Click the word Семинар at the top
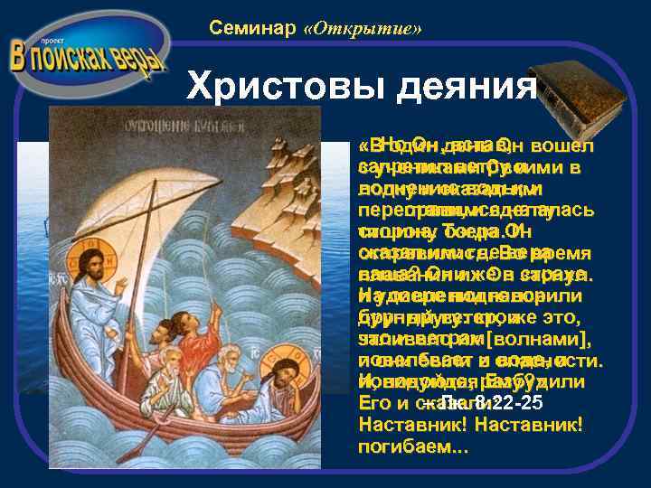[x=253, y=28]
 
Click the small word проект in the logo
[x=41, y=42]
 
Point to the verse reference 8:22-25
[x=479, y=403]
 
